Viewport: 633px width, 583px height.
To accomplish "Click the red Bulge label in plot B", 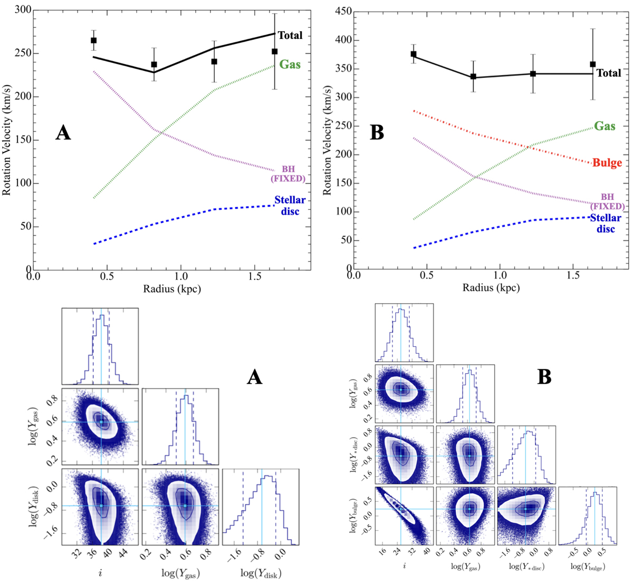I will coord(607,163).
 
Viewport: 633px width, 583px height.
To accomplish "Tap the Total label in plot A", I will coord(290,36).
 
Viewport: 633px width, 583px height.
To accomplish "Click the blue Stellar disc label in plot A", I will coord(290,206).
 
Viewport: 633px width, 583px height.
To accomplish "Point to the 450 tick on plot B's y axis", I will coord(343,12).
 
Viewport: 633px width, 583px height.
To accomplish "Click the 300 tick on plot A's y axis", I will coord(21,10).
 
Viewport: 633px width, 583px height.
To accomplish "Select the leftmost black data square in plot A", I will coord(94,40).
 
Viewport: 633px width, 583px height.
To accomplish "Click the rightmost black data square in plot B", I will coord(593,64).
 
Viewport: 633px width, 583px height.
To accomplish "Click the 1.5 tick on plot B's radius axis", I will coord(573,276).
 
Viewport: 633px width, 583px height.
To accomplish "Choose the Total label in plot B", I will coord(609,73).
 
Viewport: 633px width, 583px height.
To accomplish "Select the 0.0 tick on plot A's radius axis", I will coord(34,276).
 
